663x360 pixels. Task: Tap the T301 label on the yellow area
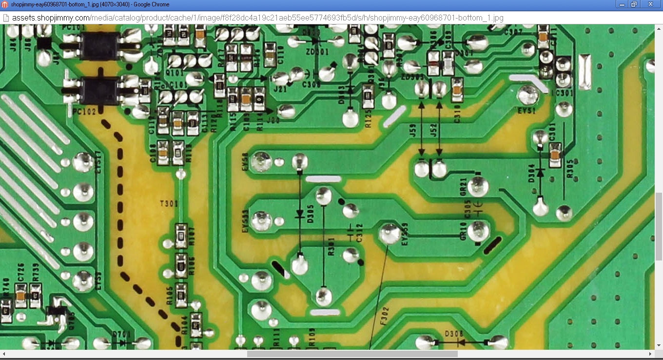click(x=169, y=203)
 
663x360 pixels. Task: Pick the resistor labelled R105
click(x=181, y=292)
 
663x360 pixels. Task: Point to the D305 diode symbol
click(x=300, y=214)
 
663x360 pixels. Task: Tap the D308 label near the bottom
click(x=454, y=334)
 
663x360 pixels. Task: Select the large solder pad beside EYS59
click(x=390, y=234)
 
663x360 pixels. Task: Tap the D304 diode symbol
click(x=540, y=173)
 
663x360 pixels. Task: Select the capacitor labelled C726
click(x=20, y=295)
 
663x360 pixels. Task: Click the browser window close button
click(x=650, y=4)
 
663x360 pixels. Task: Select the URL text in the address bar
click(x=257, y=18)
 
